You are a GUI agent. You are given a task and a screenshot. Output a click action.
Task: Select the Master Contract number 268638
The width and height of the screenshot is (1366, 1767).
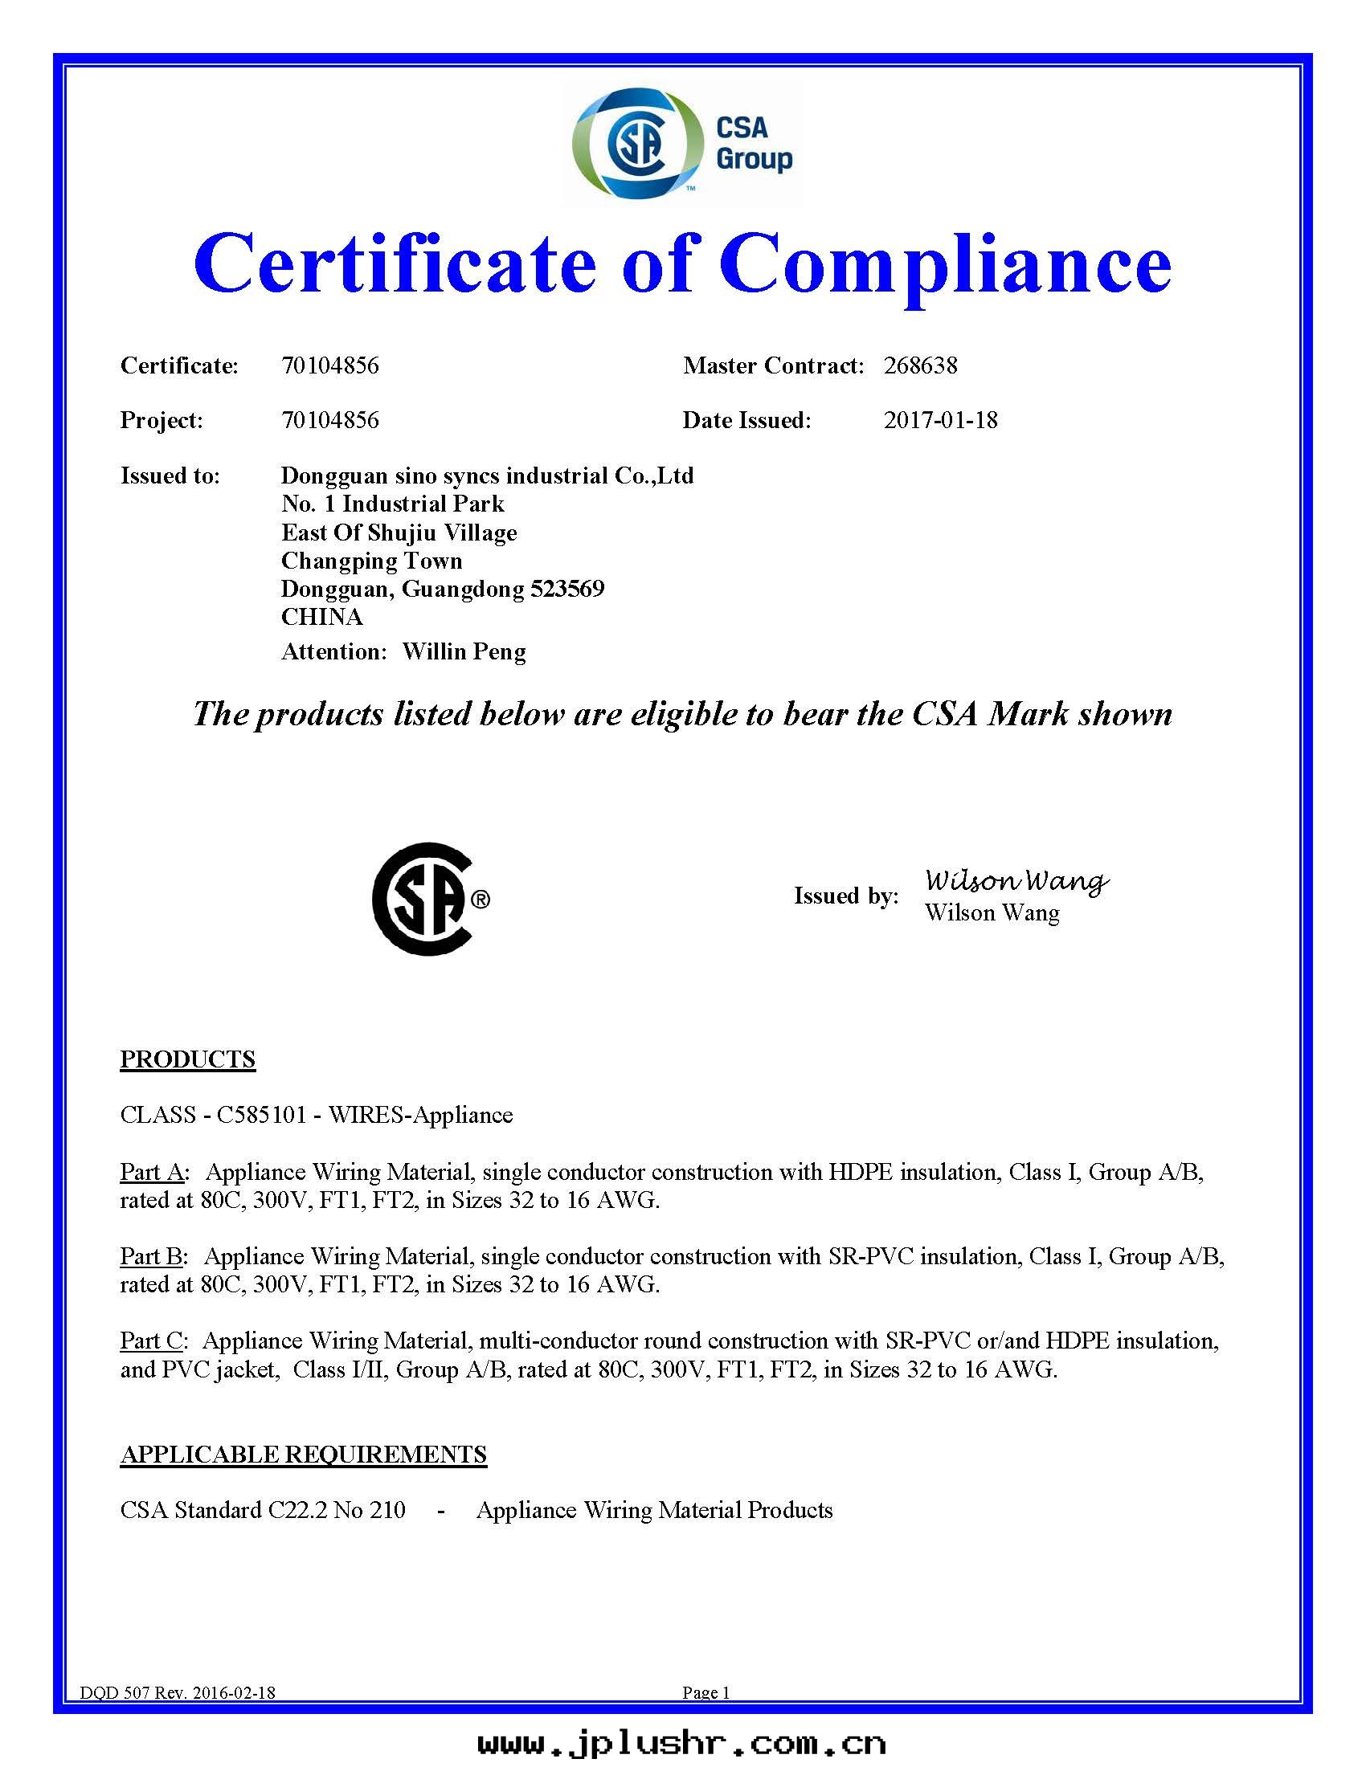(x=920, y=365)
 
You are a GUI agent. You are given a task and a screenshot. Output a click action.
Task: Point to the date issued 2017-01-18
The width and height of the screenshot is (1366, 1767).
(x=940, y=420)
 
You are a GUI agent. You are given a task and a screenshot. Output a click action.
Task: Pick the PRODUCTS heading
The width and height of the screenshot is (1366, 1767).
(x=188, y=1059)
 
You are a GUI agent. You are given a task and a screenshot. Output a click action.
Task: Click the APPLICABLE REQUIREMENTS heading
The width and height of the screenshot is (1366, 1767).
(x=304, y=1454)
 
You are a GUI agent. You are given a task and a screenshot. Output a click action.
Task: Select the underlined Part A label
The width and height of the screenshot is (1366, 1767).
(x=152, y=1172)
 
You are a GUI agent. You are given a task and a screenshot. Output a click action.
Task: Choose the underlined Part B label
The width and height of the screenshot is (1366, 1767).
(x=151, y=1255)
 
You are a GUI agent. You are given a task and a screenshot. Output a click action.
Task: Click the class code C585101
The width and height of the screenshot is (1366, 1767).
(x=261, y=1115)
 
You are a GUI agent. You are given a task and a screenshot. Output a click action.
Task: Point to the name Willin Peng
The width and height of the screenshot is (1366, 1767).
(x=464, y=651)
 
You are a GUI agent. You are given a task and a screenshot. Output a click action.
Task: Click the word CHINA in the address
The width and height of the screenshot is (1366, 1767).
(x=322, y=617)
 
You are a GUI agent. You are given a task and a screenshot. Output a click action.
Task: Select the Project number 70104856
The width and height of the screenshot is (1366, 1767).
(x=330, y=420)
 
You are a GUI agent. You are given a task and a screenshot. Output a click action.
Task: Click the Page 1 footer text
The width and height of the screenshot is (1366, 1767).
(x=705, y=1692)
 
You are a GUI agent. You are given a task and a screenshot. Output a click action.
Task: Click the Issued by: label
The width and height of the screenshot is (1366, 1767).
(x=845, y=896)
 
